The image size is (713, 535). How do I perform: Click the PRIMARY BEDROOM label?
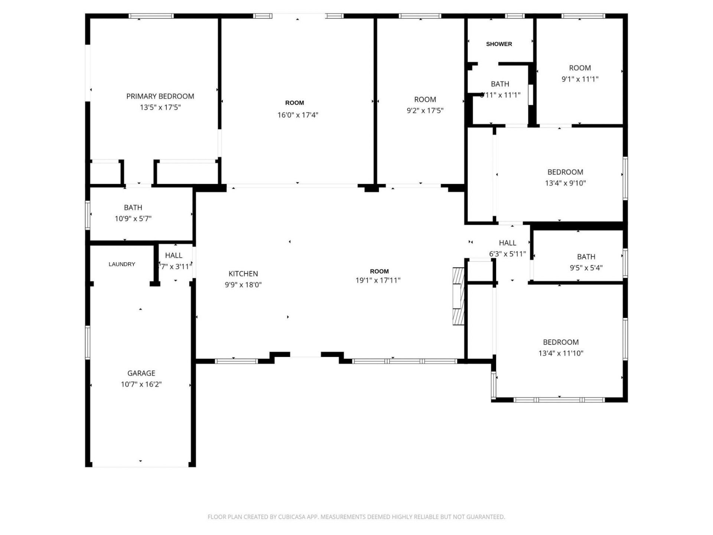[160, 96]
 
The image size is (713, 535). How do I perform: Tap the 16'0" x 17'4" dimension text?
[297, 115]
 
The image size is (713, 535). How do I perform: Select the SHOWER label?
[499, 44]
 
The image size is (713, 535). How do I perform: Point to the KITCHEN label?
[243, 274]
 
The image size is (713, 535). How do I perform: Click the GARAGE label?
[141, 373]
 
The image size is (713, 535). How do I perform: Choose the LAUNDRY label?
[122, 264]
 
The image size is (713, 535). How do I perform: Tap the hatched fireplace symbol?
[458, 296]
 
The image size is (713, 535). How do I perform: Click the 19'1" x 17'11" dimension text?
[378, 281]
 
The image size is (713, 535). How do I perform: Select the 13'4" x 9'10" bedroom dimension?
[565, 183]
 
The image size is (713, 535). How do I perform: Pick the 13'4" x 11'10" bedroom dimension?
[561, 353]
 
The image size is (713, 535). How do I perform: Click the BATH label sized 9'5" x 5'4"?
[586, 257]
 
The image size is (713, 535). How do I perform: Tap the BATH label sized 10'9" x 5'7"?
[133, 208]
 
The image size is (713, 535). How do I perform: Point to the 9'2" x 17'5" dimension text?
[425, 110]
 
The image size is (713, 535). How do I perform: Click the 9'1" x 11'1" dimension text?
[580, 79]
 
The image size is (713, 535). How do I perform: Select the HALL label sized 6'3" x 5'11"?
[507, 243]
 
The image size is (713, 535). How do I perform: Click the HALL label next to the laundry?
[173, 256]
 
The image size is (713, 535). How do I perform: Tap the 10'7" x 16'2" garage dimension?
[141, 384]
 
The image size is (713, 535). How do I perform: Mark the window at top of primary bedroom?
[151, 16]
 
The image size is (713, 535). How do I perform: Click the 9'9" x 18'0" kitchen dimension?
[243, 285]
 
